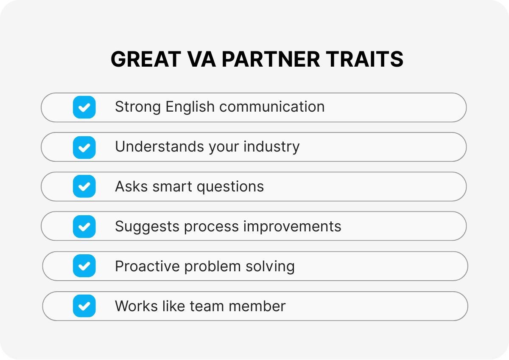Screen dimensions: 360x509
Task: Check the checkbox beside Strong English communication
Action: click(84, 107)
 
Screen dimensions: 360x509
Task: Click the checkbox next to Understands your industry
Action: click(84, 147)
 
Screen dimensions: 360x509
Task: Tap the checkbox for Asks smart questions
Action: click(84, 186)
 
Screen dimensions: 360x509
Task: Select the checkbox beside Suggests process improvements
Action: click(84, 226)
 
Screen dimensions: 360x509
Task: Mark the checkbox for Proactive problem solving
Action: click(84, 266)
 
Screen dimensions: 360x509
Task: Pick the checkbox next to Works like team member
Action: click(84, 306)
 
